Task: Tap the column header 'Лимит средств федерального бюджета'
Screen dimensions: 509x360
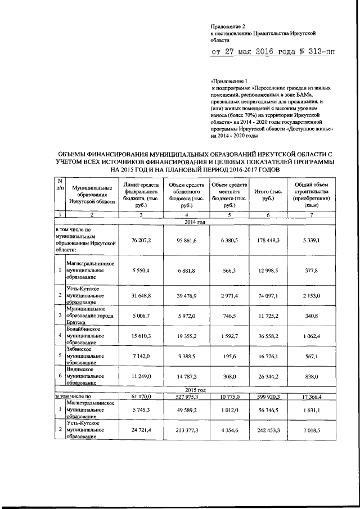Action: tap(141, 195)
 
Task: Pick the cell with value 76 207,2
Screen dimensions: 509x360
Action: tap(141, 241)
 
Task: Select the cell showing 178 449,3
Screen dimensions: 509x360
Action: tap(268, 241)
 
